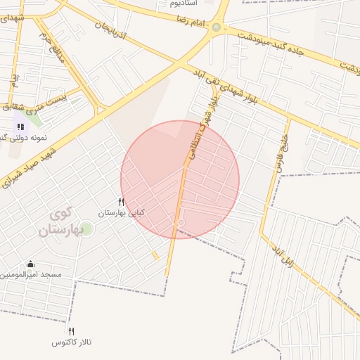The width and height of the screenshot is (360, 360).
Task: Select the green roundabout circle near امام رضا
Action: [216, 27]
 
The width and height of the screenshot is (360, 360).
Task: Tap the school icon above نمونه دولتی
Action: [20, 126]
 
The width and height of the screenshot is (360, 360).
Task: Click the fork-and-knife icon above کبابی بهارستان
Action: [121, 202]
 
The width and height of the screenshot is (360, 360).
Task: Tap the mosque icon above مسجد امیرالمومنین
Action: [30, 264]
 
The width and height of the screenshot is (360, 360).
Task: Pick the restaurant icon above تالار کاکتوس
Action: [71, 331]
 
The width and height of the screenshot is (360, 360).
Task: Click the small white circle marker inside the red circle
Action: [181, 223]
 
